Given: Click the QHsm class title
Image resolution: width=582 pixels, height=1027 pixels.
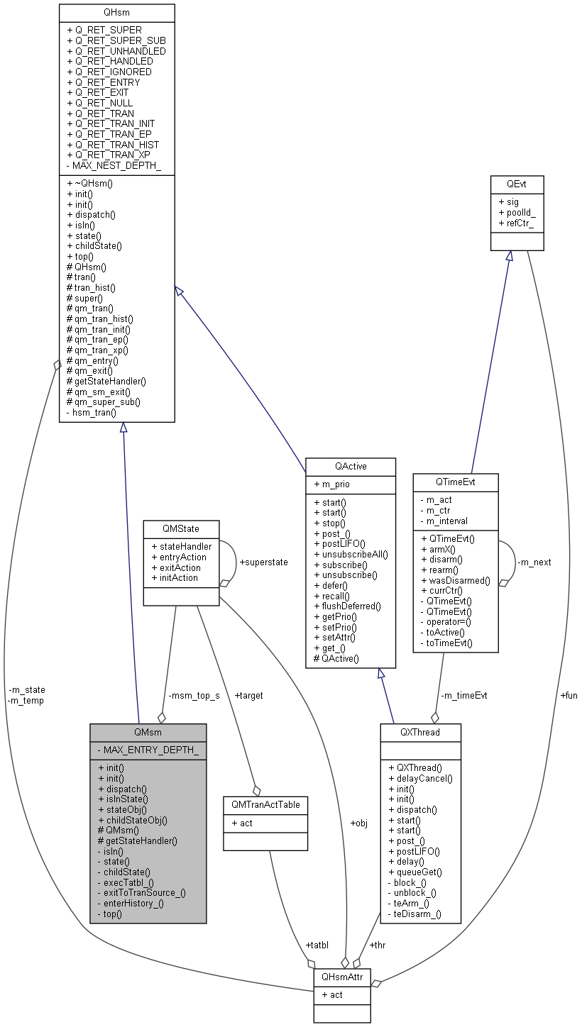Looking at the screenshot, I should tap(117, 13).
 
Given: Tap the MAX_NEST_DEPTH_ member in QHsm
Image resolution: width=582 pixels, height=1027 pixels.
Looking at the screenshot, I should tap(114, 165).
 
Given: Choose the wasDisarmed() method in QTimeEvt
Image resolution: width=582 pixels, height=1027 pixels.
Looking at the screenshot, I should tap(455, 580).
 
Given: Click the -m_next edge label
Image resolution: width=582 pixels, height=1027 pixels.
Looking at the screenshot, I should tap(534, 562).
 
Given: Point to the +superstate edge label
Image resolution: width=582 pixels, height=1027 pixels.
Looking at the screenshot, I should tap(263, 562).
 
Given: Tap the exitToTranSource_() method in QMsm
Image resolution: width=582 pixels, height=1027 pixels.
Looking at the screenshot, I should tap(141, 892).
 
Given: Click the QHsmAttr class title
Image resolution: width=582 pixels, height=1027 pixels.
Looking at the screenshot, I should tap(341, 977).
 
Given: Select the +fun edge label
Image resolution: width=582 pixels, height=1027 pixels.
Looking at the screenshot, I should tap(569, 695).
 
